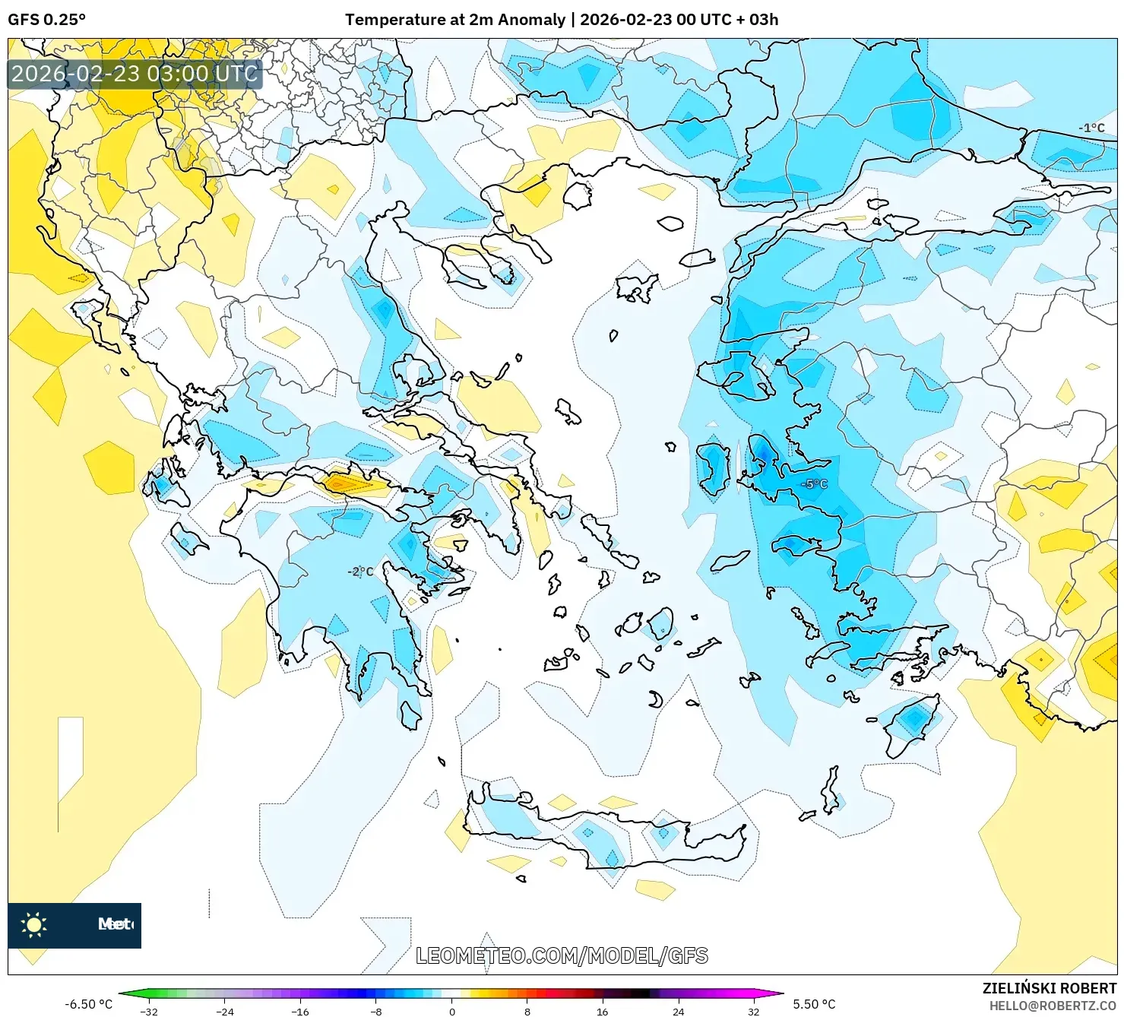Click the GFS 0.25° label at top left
pyautogui.click(x=46, y=20)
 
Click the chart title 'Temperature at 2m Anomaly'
pyautogui.click(x=454, y=20)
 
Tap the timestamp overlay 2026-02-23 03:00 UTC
pyautogui.click(x=135, y=74)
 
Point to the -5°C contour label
pyautogui.click(x=814, y=483)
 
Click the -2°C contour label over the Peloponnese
pyautogui.click(x=360, y=572)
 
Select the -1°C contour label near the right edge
pyautogui.click(x=1091, y=128)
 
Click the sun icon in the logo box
pyautogui.click(x=34, y=924)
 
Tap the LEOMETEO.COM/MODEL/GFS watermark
pyautogui.click(x=562, y=955)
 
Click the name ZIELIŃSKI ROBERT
pyautogui.click(x=1049, y=988)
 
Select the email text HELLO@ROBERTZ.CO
pyautogui.click(x=1053, y=1006)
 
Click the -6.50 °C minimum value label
pyautogui.click(x=88, y=1004)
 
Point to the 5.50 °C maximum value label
pyautogui.click(x=814, y=1004)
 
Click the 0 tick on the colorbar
pyautogui.click(x=452, y=1011)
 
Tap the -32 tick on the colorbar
pyautogui.click(x=150, y=1011)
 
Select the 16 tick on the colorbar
pyautogui.click(x=602, y=1011)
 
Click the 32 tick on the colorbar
pyautogui.click(x=753, y=1011)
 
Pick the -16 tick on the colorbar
pyautogui.click(x=300, y=1011)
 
